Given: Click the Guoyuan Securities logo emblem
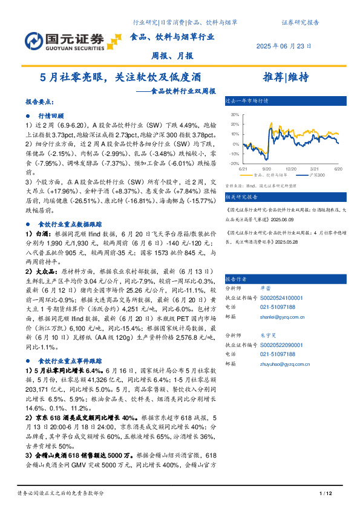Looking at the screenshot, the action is coord(33,40).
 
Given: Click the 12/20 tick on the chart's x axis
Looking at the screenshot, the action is coord(290,169).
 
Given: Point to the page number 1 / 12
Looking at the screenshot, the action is coord(326,494).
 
